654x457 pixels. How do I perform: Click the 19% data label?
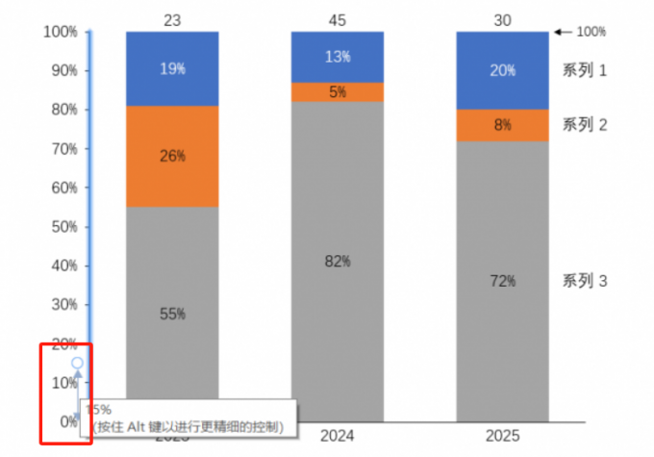coord(172,69)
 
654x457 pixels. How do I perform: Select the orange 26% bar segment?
coord(172,156)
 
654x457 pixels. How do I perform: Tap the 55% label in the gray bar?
coord(172,314)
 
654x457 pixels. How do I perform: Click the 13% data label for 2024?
coord(338,57)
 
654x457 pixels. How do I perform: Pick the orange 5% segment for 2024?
coord(338,92)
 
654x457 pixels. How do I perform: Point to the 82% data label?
coord(338,261)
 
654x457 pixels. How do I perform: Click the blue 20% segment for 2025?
coord(502,70)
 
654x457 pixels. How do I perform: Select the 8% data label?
coord(502,125)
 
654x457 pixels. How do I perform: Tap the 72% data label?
coord(502,281)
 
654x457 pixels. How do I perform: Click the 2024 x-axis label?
coord(338,436)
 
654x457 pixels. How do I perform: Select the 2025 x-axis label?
coord(502,436)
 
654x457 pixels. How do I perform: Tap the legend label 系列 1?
coord(585,69)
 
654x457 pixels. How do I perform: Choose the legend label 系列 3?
coord(585,281)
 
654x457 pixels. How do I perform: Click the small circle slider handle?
coord(77,364)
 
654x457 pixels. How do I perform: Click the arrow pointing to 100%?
coord(564,32)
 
